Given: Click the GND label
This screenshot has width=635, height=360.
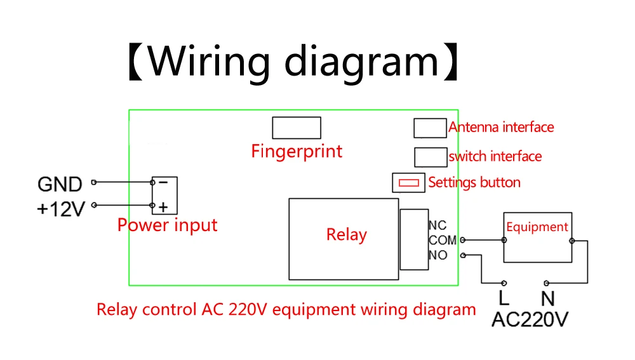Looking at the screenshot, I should coord(60,184).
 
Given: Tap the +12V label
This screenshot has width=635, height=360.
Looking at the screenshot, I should coord(60,209).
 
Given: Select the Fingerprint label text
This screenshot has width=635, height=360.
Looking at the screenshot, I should coord(297,151).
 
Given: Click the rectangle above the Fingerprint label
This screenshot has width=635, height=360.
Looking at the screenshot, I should coord(296,128).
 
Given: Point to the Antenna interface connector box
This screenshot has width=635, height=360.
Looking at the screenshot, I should coord(430,128).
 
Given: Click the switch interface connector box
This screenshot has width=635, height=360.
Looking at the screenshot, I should coord(430,156).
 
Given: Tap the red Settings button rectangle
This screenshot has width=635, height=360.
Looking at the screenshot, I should coord(408,183).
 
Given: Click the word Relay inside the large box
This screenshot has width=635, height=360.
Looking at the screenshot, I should coord(346,235).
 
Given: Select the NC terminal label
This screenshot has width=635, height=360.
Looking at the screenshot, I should coord(438,225).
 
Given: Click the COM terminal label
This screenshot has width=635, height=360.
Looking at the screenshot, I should coord(443,240).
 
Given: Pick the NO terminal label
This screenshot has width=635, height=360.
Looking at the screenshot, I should coord(438,255).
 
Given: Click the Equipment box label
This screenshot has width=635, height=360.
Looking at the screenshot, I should coord(537,227).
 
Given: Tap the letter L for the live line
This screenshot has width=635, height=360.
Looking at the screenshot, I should coord(504,298).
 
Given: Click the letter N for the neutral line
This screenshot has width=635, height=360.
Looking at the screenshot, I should coord(548,298).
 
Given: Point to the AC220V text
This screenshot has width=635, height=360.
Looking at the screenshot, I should coord(530,319).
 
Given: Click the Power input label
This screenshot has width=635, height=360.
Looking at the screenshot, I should coord(168,225).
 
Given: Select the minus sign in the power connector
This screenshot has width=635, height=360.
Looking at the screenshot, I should coord(163,182).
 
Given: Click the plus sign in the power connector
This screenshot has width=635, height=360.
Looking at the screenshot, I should coord(163,206).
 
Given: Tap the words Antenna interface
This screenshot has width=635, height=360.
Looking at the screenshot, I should coord(501,128).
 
